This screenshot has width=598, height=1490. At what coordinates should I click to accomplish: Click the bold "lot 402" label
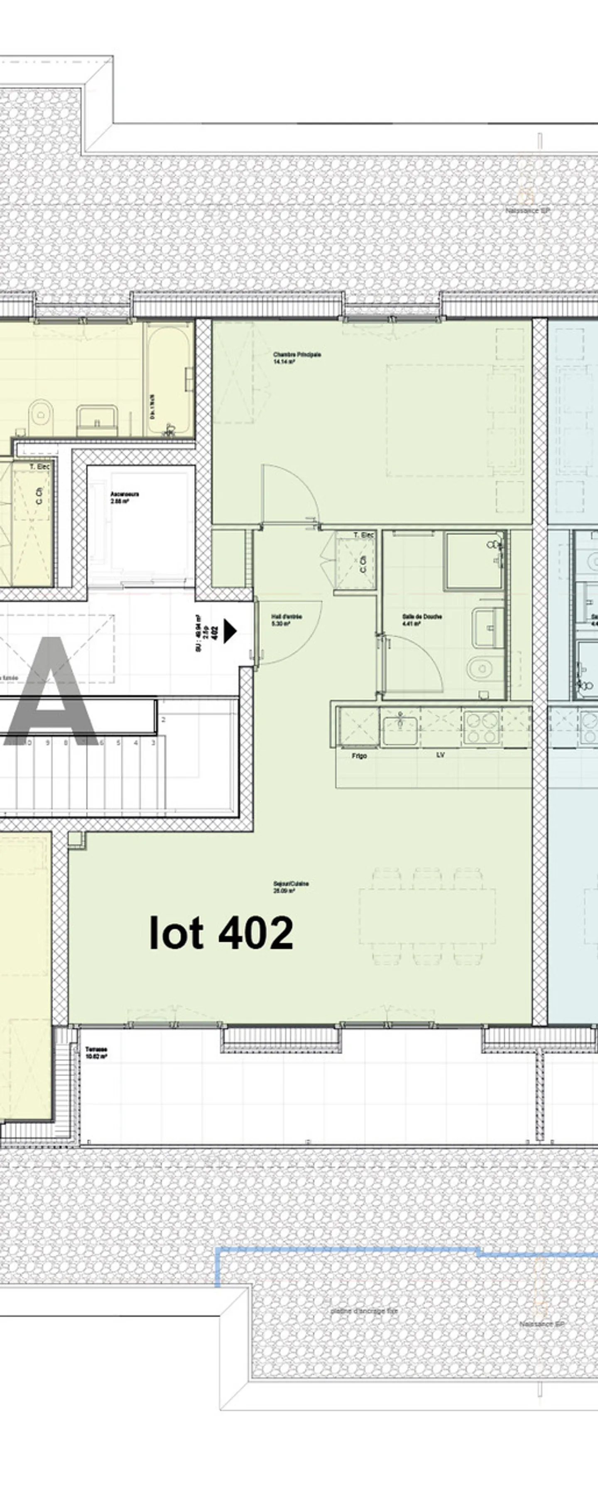[221, 933]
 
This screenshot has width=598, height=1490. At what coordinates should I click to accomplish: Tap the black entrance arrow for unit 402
[230, 631]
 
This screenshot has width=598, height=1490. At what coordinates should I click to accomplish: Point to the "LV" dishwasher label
[440, 754]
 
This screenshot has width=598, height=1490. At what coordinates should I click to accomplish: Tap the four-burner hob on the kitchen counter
[481, 727]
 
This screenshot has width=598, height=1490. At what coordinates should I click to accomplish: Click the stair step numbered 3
[154, 743]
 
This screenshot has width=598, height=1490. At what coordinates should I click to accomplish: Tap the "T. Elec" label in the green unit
[364, 535]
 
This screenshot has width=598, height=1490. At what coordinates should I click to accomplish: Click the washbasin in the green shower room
[487, 627]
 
